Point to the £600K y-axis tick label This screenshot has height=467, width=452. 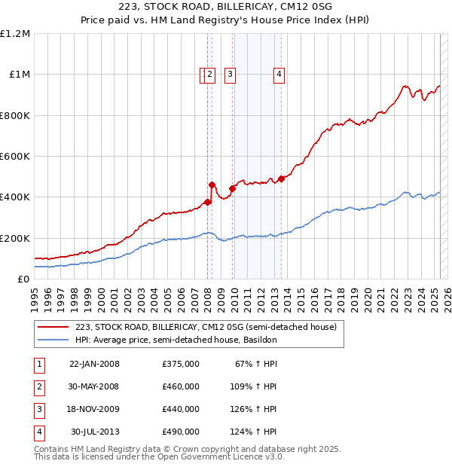click(x=16, y=156)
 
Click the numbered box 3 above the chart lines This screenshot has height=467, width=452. click(x=230, y=74)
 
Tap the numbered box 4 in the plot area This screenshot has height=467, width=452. click(x=279, y=74)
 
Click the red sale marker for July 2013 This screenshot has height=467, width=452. click(x=281, y=179)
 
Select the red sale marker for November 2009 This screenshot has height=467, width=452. click(x=232, y=189)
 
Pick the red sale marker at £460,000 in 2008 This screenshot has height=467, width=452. click(x=212, y=185)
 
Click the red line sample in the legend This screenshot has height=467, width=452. click(x=53, y=327)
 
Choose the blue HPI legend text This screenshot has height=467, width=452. click(x=176, y=340)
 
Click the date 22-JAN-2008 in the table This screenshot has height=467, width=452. click(x=94, y=364)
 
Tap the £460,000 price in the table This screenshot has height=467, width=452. click(x=181, y=386)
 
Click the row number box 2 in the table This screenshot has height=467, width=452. click(x=39, y=386)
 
